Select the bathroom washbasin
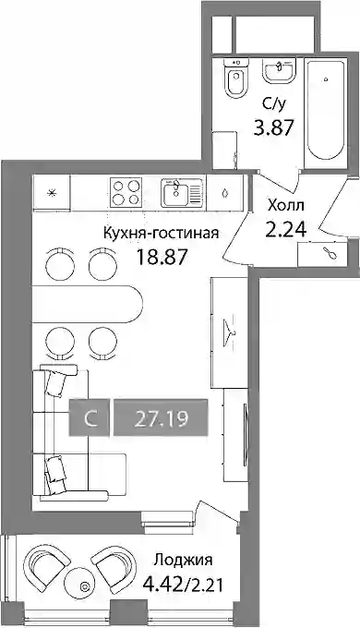(x=279, y=71)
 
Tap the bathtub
(x=324, y=115)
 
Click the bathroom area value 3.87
(x=273, y=128)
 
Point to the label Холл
(x=286, y=206)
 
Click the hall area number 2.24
(x=286, y=229)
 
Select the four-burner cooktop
(x=126, y=192)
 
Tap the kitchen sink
(x=183, y=193)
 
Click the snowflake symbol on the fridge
(x=52, y=193)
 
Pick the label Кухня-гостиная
(x=161, y=233)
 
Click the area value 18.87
(x=162, y=257)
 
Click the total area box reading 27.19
(x=161, y=417)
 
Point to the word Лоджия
(x=184, y=560)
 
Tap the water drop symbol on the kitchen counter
(x=226, y=193)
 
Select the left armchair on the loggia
(x=45, y=565)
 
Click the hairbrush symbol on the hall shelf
(x=331, y=254)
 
